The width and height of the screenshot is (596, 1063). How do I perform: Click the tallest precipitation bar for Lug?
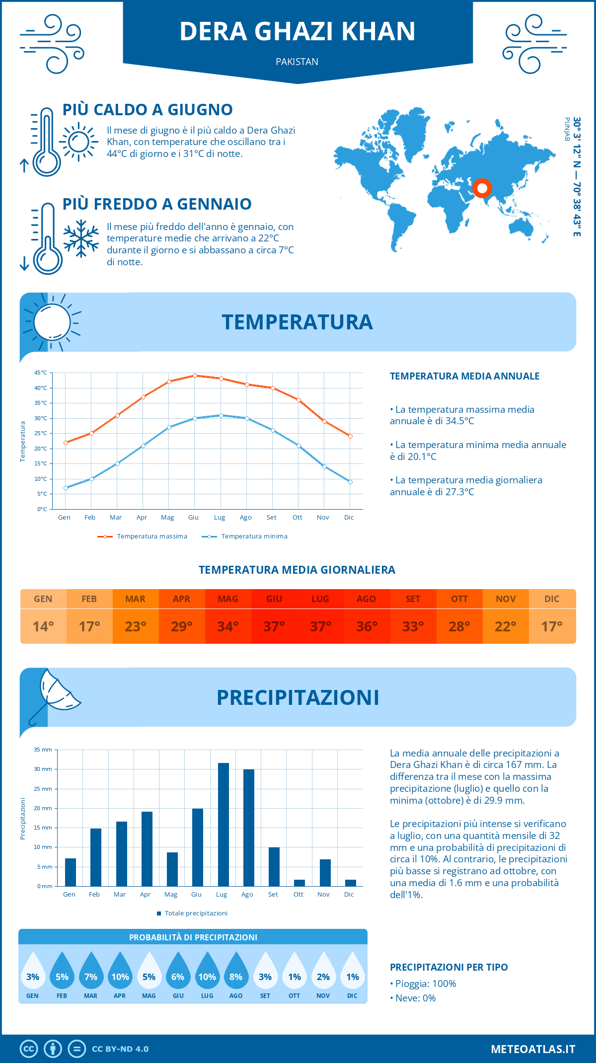[223, 825]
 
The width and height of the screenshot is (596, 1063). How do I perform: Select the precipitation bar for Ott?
[299, 883]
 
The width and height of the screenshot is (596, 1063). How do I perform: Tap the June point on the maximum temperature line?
[195, 376]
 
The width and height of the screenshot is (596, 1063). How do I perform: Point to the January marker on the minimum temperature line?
[66, 488]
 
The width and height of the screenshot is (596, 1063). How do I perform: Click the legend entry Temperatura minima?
[254, 536]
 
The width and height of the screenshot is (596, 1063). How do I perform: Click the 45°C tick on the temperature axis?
[41, 373]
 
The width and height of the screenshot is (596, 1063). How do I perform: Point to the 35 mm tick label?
[43, 750]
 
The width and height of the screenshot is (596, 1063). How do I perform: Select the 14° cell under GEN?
[43, 626]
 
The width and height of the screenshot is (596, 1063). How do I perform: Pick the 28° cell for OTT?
[459, 626]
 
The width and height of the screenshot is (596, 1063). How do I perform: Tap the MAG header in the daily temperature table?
[228, 599]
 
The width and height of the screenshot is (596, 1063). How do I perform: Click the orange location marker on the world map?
[482, 188]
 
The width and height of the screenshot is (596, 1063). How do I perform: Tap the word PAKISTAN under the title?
[297, 62]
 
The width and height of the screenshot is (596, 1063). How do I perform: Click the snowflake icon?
[81, 238]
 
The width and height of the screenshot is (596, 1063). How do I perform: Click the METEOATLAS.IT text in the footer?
[533, 1049]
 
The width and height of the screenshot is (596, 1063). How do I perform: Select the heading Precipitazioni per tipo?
[448, 967]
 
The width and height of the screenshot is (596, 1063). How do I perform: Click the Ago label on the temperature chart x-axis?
[245, 518]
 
